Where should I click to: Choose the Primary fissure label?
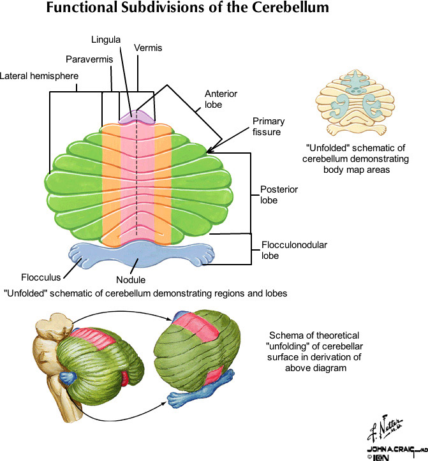point(269,127)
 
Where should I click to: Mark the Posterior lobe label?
point(279,195)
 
